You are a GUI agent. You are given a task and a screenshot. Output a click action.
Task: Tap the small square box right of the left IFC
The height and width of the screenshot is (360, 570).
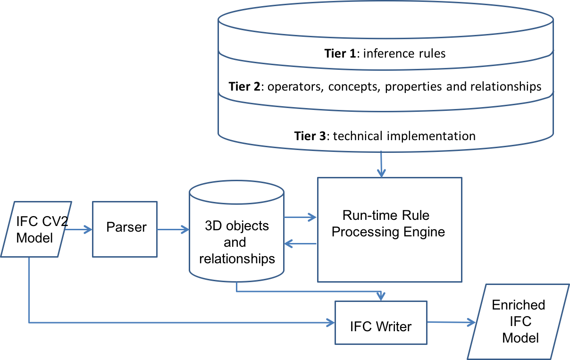coord(125,229)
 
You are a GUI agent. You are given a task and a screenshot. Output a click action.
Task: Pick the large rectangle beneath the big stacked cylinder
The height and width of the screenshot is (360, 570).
coord(389,230)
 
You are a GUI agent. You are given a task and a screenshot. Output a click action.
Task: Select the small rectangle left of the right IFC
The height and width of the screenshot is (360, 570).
coord(381,323)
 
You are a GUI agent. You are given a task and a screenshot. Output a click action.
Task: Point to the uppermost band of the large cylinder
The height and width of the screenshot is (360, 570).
coord(385,53)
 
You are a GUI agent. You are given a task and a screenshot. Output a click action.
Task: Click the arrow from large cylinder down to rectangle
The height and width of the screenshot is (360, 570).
coord(381,165)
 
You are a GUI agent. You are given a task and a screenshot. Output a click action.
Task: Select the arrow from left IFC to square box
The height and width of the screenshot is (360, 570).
coord(78,230)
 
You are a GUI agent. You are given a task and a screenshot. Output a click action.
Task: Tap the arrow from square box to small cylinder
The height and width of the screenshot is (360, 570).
coord(173,230)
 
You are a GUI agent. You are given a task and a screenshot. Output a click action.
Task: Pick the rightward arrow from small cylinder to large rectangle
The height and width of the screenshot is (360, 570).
coord(300,218)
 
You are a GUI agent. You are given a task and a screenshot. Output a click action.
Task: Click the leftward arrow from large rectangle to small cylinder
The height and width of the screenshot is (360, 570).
coord(300,244)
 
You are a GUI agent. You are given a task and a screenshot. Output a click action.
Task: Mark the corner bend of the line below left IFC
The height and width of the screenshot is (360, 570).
coord(29,323)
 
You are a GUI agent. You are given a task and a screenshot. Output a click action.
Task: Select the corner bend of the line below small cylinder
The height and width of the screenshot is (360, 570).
coord(236,291)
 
